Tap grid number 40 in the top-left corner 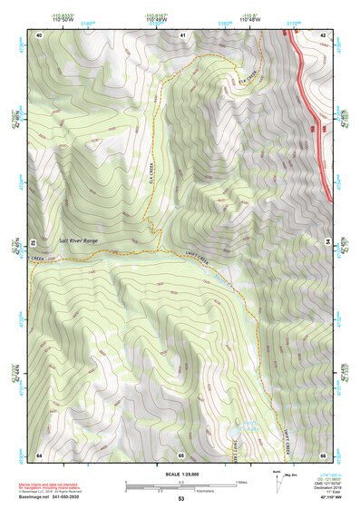40,34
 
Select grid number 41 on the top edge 181,34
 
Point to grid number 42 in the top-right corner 324,34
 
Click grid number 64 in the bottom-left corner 40,454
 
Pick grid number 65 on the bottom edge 181,454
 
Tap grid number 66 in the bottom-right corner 324,454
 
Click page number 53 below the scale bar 181,499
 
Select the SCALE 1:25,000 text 181,475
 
